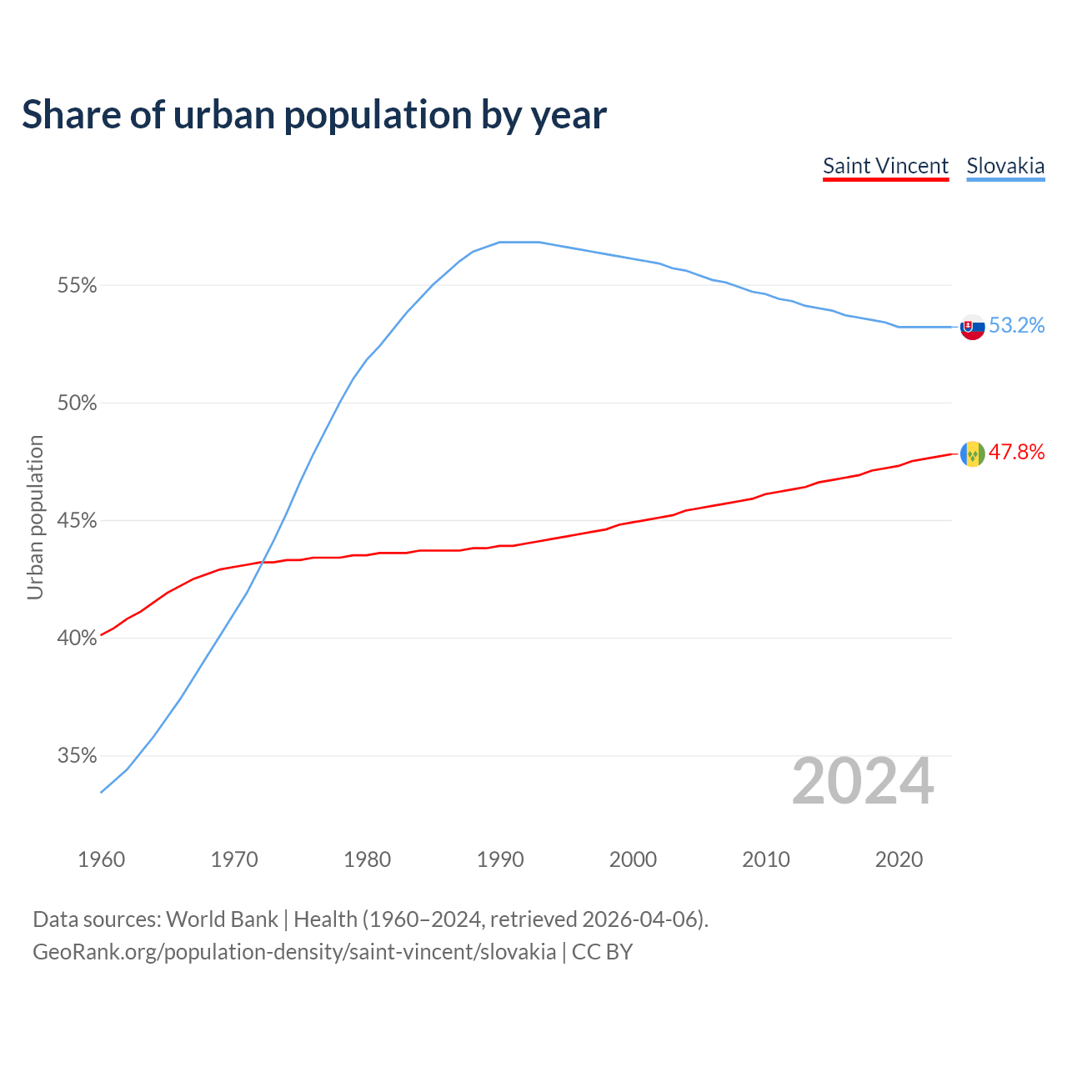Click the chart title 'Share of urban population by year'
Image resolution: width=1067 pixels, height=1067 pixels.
314,115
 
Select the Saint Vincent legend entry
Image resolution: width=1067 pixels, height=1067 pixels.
885,166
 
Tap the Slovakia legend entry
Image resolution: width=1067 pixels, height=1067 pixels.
1005,166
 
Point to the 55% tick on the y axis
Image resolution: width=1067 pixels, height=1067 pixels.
77,286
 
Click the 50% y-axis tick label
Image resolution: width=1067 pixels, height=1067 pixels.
77,403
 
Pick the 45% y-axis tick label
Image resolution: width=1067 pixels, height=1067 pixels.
77,521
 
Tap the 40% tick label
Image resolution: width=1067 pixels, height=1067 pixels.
77,639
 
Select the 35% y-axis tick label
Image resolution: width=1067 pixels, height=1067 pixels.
77,756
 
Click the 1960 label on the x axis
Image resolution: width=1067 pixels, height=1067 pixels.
102,859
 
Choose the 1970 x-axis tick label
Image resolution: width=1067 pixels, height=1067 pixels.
234,859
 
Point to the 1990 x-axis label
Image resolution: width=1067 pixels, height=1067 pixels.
500,859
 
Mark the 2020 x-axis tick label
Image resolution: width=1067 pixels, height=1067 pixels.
899,859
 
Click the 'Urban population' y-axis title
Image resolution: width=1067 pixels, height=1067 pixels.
35,517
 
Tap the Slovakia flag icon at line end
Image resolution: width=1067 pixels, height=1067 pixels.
973,327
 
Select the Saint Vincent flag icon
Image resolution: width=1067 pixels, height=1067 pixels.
973,454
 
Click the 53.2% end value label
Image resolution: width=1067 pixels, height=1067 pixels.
1017,326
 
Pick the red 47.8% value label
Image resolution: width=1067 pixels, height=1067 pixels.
1017,453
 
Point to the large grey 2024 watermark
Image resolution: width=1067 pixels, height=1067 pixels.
863,781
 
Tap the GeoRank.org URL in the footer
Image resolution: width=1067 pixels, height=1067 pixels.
294,952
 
